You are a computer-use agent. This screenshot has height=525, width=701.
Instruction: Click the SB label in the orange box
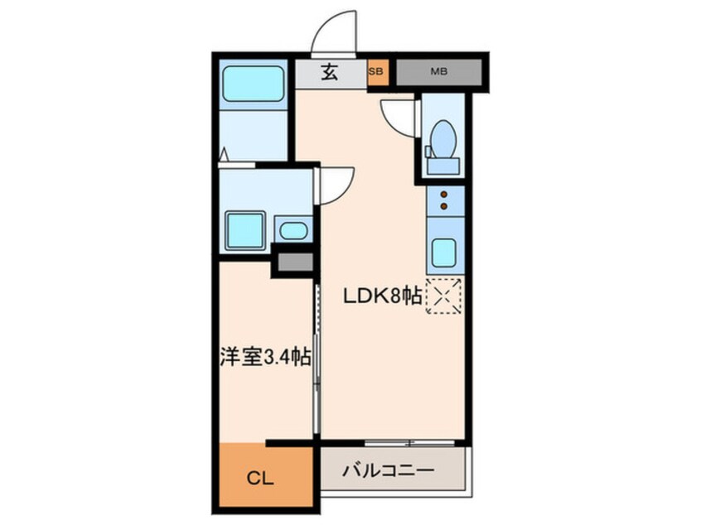click(x=375, y=71)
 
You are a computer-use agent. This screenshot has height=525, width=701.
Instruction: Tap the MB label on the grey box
click(x=438, y=71)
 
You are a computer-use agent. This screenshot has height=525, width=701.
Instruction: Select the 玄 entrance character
click(x=330, y=72)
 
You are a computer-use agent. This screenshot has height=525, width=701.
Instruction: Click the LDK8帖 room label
click(x=382, y=296)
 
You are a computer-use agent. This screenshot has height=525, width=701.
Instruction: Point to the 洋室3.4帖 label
click(x=265, y=357)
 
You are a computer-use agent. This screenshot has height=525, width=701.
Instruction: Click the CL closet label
click(x=260, y=479)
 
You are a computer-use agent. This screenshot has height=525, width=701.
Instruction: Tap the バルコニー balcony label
click(x=388, y=470)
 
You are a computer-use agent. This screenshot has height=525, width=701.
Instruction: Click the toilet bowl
click(x=444, y=138)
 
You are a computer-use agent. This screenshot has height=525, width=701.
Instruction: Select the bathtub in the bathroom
click(x=253, y=84)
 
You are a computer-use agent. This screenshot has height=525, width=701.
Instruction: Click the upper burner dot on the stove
click(x=444, y=195)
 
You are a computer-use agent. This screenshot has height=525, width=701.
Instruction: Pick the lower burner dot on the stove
click(x=444, y=206)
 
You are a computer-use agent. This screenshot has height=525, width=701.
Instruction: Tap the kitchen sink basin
click(x=444, y=253)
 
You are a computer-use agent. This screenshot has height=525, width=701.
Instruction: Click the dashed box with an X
click(x=443, y=296)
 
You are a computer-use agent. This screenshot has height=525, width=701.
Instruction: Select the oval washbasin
click(x=293, y=231)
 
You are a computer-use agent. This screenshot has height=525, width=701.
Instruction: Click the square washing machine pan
click(x=245, y=230)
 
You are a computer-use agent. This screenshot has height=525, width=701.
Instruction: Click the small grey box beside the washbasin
click(x=295, y=262)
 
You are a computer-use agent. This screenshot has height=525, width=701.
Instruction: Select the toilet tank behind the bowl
click(x=443, y=166)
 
